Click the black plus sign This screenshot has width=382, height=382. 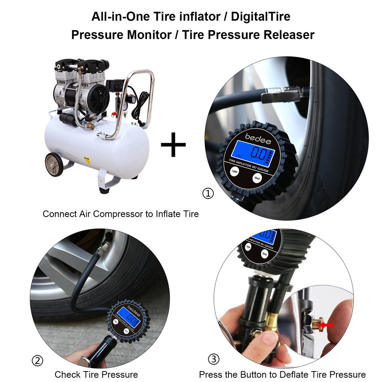point(173,144)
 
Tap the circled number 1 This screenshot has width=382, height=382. point(208,194)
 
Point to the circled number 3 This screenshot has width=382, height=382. point(214,359)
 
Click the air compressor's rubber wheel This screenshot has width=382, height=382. point(54,164)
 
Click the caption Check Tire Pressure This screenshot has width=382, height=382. point(96,374)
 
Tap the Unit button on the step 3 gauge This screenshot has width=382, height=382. point(264,253)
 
